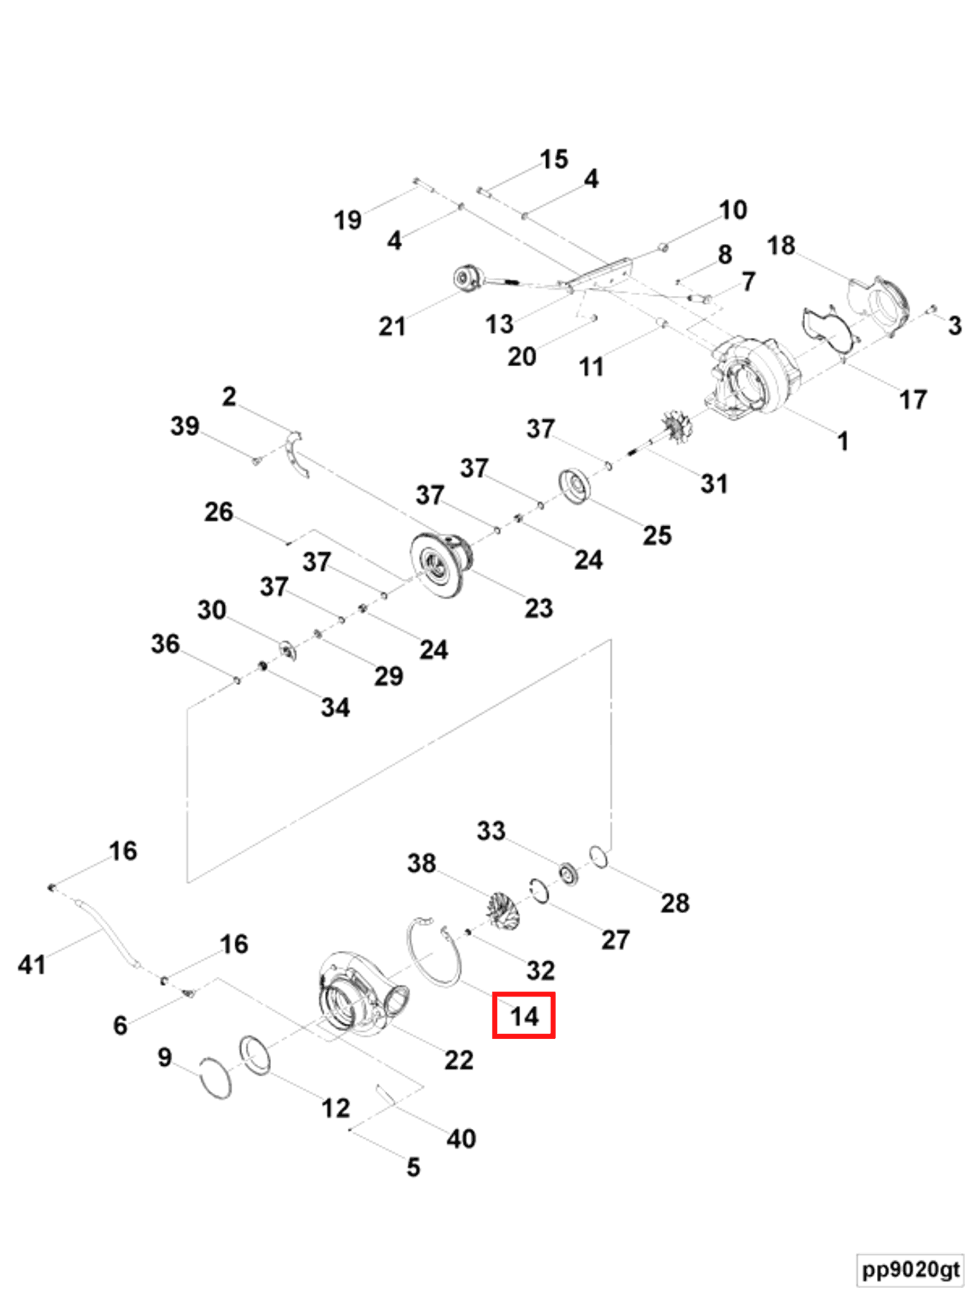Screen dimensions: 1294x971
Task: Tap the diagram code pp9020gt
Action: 911,1268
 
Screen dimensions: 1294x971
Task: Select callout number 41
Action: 32,965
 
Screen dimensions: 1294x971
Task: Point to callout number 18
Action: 781,246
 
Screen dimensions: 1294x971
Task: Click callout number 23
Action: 539,608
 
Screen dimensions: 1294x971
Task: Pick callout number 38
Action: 421,864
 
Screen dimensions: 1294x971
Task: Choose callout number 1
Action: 843,441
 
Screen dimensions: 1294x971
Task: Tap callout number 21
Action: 391,326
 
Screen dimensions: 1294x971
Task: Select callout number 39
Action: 185,426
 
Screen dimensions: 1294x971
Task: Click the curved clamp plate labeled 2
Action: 297,454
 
